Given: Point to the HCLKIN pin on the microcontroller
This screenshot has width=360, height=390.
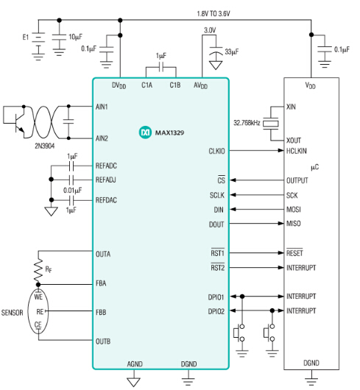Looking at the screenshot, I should pyautogui.click(x=300, y=152).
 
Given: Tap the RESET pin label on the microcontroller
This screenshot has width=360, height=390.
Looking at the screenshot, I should pyautogui.click(x=296, y=252).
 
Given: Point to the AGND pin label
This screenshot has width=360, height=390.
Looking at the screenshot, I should pyautogui.click(x=134, y=364).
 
